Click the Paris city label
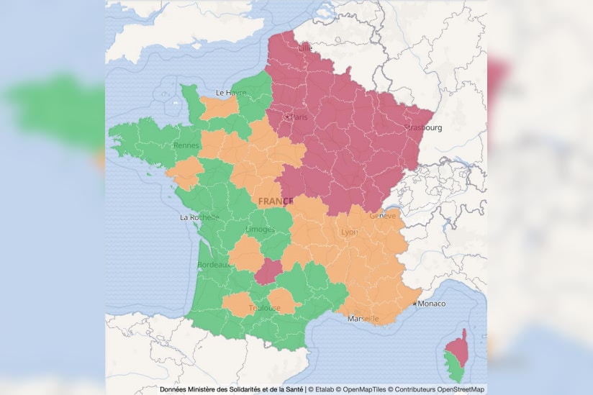pos(298,117)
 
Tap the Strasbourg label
pos(423,128)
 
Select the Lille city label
pos(306,48)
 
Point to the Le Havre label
pos(230,93)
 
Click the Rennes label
pos(186,145)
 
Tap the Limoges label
pos(260,230)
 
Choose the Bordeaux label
pos(214,265)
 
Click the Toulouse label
pos(264,308)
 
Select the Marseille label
pos(363,319)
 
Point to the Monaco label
pos(432,304)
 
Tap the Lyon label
pos(349,232)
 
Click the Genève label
pos(382,216)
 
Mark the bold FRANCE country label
pos(276,201)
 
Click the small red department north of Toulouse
pos(268,272)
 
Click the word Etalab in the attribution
pos(326,389)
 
